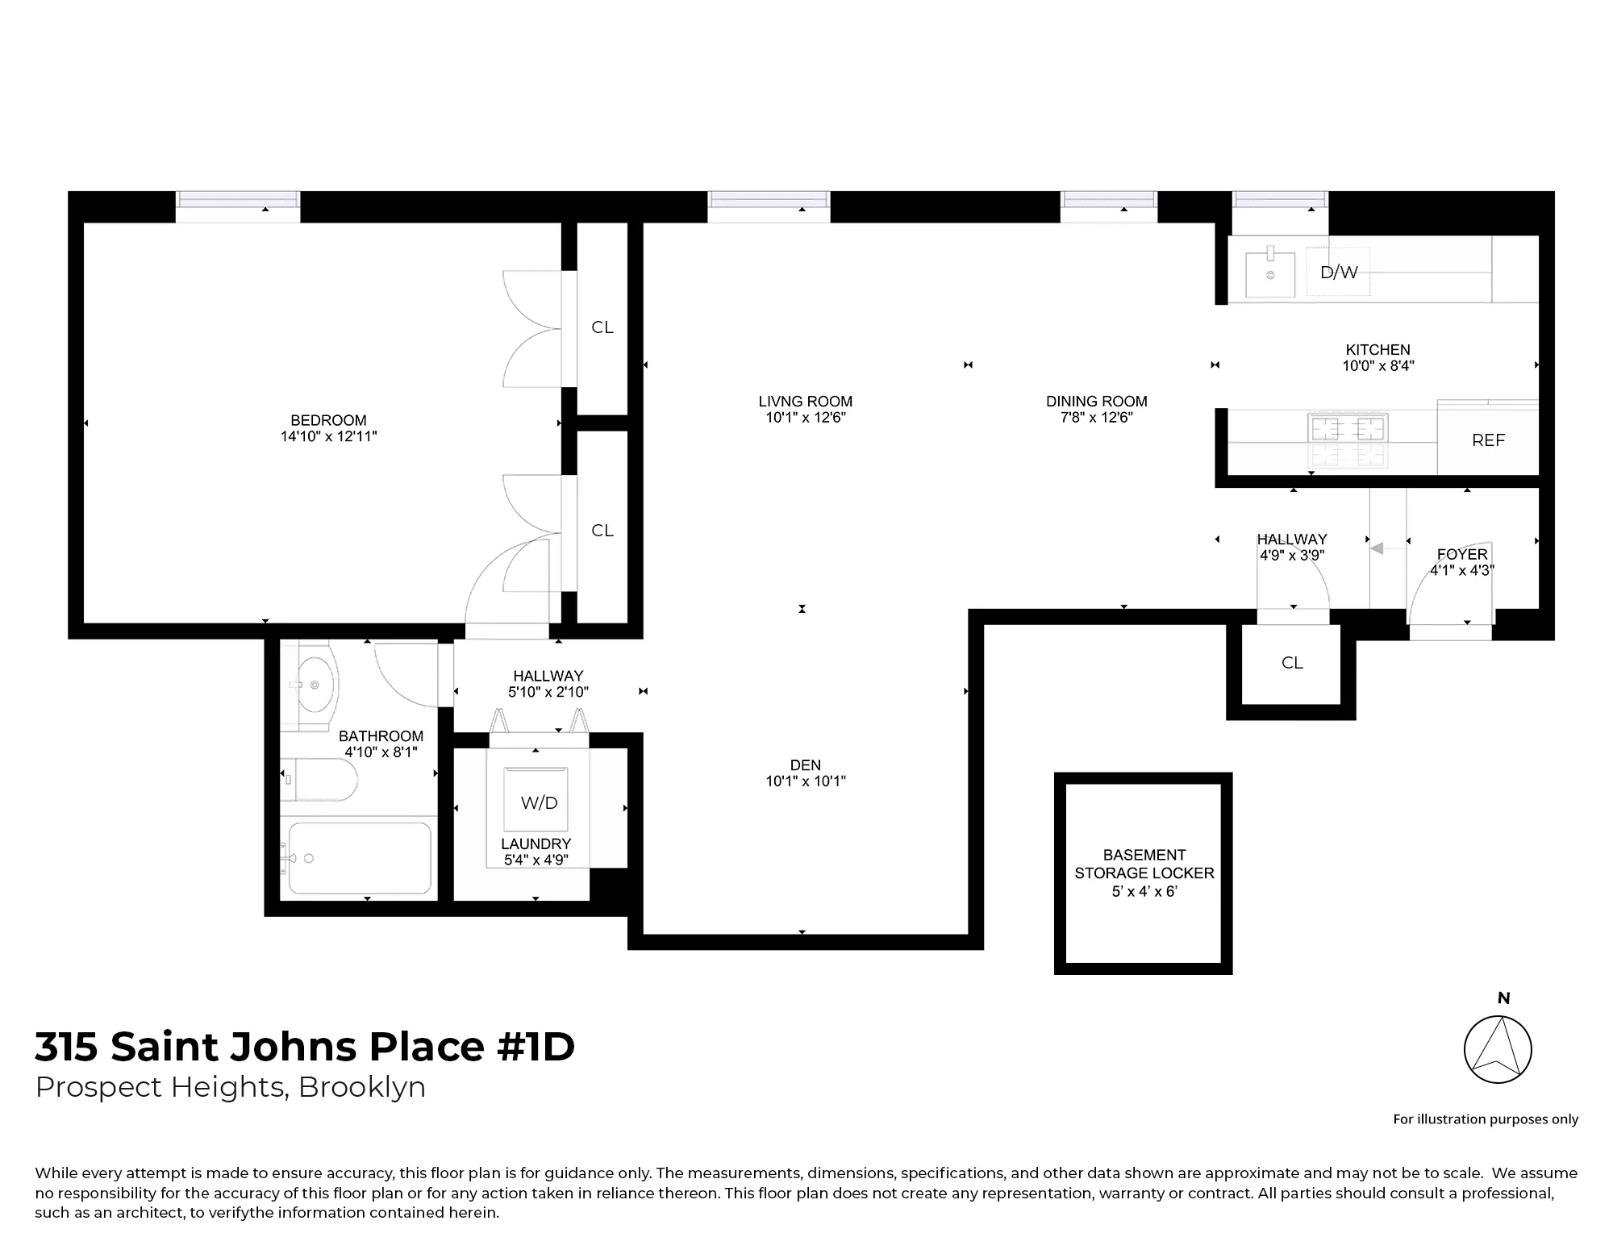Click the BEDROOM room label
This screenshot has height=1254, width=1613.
pyautogui.click(x=328, y=420)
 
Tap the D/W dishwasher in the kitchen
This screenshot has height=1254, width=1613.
pyautogui.click(x=1338, y=273)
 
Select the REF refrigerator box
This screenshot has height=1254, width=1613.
pyautogui.click(x=1488, y=440)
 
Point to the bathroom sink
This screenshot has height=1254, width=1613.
pyautogui.click(x=315, y=685)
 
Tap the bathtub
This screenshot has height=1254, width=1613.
pyautogui.click(x=360, y=858)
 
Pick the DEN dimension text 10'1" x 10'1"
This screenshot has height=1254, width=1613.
pyautogui.click(x=805, y=781)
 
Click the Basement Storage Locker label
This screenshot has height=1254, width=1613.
pyautogui.click(x=1144, y=873)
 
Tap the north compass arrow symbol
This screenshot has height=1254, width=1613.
pyautogui.click(x=1498, y=1049)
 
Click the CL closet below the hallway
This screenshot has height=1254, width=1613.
pyautogui.click(x=1292, y=663)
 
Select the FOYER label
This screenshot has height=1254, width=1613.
pyautogui.click(x=1461, y=554)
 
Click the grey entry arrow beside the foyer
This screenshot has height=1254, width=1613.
pyautogui.click(x=1378, y=548)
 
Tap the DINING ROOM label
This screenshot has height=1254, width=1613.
pyautogui.click(x=1096, y=401)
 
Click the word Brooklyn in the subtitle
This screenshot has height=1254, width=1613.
pyautogui.click(x=361, y=1087)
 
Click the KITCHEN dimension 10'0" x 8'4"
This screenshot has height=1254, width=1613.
pyautogui.click(x=1378, y=365)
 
